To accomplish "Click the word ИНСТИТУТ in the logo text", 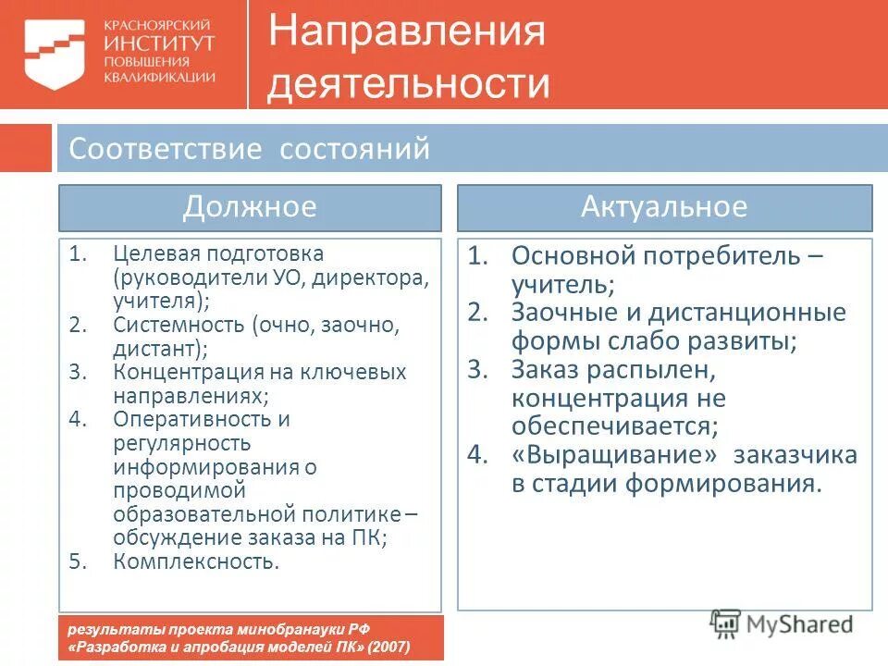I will (x=160, y=43).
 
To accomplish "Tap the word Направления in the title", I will (x=407, y=33).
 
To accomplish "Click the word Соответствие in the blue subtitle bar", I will (x=166, y=149).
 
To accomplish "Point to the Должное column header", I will (x=250, y=206).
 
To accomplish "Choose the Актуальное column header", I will (x=663, y=206).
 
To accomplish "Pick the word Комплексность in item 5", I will (x=195, y=561).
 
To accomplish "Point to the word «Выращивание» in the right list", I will (x=615, y=455).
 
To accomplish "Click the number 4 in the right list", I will (x=475, y=455).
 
